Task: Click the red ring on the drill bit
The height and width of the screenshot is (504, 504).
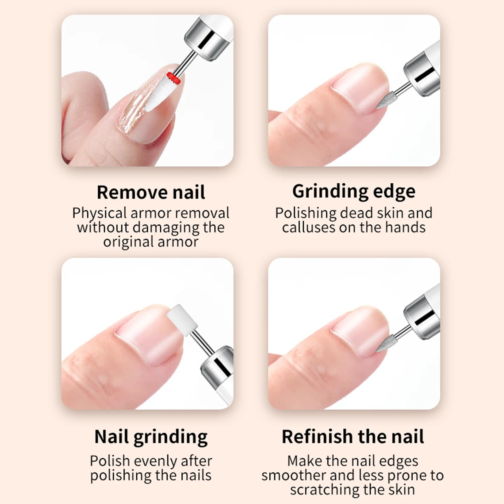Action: pyautogui.click(x=174, y=78)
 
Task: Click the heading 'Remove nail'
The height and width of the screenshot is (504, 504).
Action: pyautogui.click(x=151, y=192)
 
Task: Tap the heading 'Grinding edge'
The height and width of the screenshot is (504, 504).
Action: pyautogui.click(x=353, y=192)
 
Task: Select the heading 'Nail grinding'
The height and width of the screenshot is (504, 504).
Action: pyautogui.click(x=151, y=437)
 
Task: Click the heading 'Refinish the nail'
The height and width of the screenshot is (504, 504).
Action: pyautogui.click(x=353, y=437)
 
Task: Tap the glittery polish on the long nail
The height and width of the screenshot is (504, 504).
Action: pyautogui.click(x=132, y=110)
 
